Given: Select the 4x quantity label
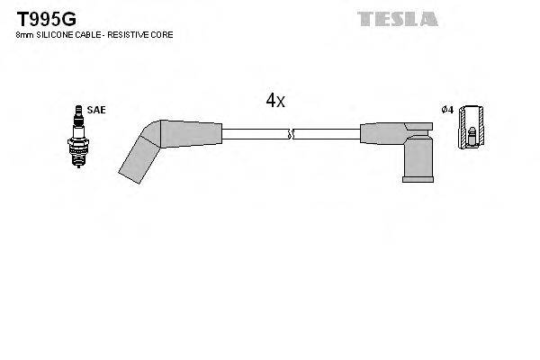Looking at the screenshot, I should point(274,102).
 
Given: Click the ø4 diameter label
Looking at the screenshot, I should point(445,110).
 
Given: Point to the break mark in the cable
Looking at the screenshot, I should point(288,134).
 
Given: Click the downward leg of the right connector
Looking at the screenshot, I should point(416,162).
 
